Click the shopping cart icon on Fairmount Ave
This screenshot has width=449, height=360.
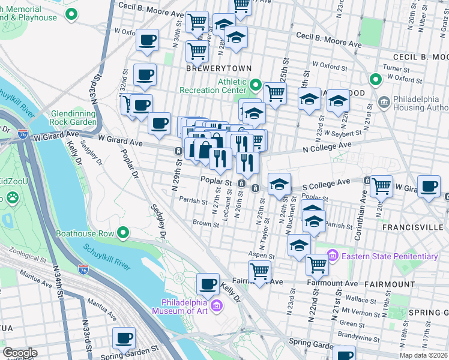(259, 271)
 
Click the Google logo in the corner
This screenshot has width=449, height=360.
(20, 353)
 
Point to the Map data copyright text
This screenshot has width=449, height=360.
(423, 355)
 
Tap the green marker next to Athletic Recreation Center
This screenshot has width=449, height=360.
(255, 85)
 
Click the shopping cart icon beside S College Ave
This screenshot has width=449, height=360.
(382, 186)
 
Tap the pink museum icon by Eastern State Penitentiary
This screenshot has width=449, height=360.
(333, 257)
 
